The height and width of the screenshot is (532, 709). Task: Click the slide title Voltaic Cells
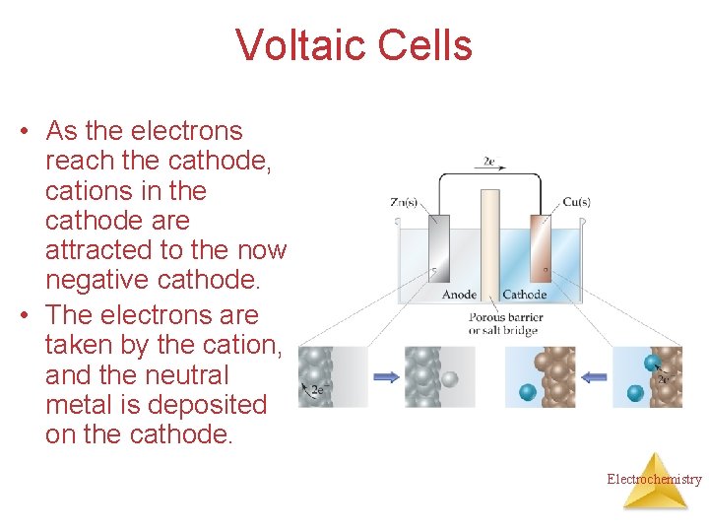tap(354, 45)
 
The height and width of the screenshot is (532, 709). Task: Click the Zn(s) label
tap(404, 203)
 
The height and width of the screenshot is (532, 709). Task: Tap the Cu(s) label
tap(576, 203)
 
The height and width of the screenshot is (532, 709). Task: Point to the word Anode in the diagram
tap(460, 294)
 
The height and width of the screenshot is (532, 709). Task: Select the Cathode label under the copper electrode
tap(525, 294)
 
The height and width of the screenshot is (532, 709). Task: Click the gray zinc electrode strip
tap(439, 247)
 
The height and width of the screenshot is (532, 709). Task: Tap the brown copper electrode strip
tap(540, 247)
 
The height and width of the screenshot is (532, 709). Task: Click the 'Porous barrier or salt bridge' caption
tap(506, 324)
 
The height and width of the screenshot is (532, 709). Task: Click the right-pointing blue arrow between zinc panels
tap(386, 375)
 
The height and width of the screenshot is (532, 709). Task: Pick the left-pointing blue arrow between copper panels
tap(594, 375)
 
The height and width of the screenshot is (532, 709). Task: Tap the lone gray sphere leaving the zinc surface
tap(450, 378)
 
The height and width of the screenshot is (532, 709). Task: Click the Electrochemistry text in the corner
tap(654, 480)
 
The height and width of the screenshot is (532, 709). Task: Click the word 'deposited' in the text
tap(219, 405)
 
